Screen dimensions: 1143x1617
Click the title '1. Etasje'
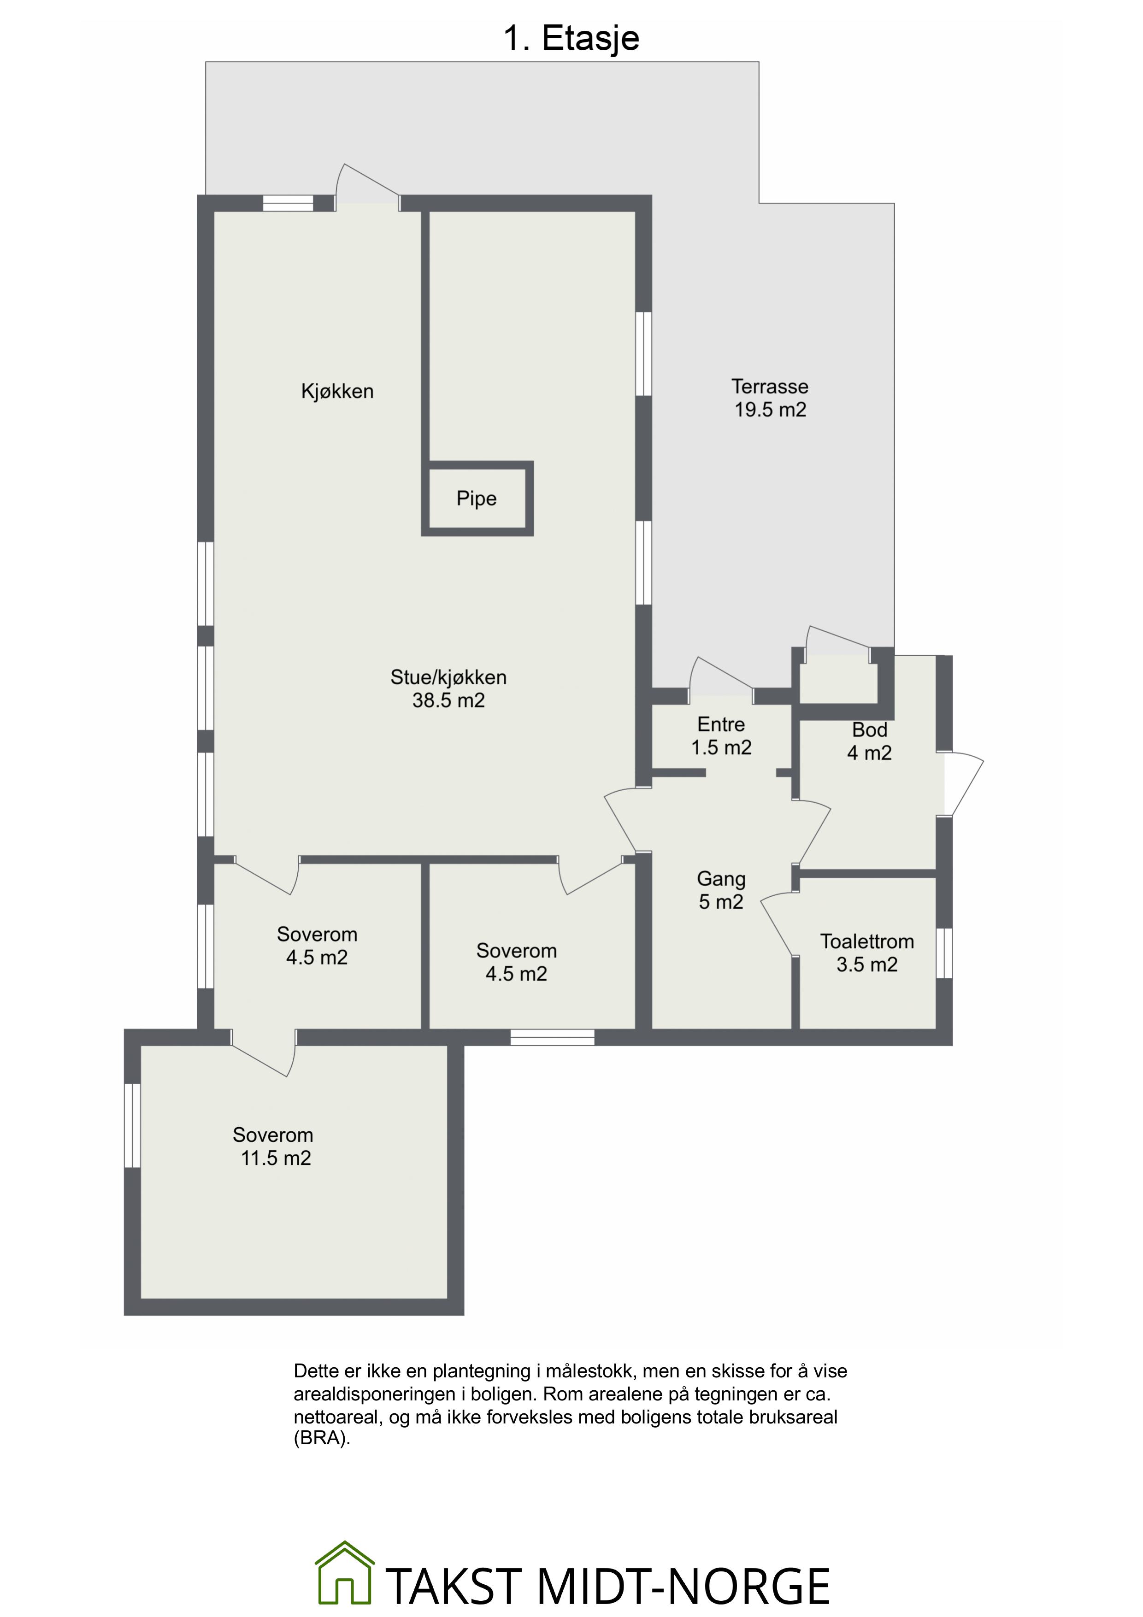pyautogui.click(x=571, y=38)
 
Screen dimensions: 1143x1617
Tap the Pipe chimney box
pyautogui.click(x=477, y=498)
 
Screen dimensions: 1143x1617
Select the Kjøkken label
pyautogui.click(x=337, y=392)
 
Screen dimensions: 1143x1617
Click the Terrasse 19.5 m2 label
pyautogui.click(x=770, y=398)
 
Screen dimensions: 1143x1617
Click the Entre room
pyautogui.click(x=721, y=736)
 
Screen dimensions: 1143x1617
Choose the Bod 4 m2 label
pyautogui.click(x=869, y=741)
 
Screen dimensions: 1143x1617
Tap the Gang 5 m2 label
pyautogui.click(x=721, y=890)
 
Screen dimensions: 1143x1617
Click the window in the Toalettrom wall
pyautogui.click(x=944, y=953)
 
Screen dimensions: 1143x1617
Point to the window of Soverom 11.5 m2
pyautogui.click(x=132, y=1125)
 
